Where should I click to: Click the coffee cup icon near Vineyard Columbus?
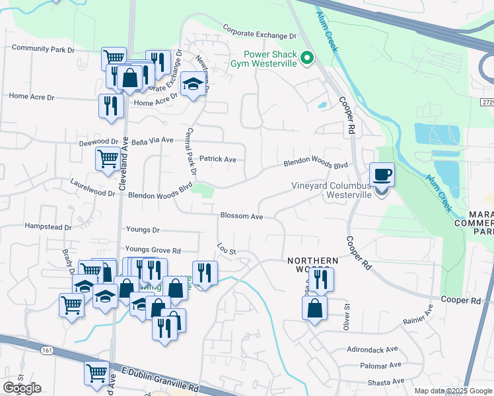click(382, 176)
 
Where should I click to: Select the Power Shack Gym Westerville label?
click(270, 60)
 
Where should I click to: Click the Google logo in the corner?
click(22, 388)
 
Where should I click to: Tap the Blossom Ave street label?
click(242, 216)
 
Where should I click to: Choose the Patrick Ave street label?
click(218, 159)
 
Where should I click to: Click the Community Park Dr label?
click(44, 48)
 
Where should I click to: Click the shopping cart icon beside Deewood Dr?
click(107, 158)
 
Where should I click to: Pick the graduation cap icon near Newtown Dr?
click(193, 84)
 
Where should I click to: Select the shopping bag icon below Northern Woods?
click(314, 308)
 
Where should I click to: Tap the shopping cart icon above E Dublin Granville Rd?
click(96, 373)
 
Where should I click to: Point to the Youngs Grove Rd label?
click(153, 250)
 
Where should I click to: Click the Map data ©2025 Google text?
click(452, 391)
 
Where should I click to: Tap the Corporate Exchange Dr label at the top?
click(259, 32)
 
